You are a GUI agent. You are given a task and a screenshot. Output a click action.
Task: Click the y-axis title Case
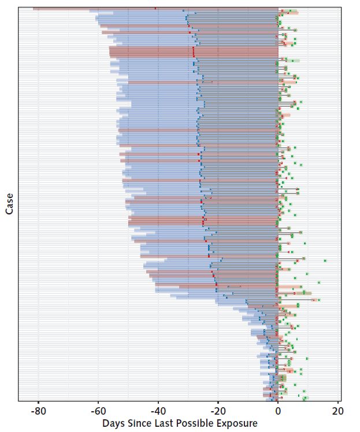click(9, 204)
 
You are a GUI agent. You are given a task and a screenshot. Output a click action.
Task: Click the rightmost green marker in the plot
click(325, 260)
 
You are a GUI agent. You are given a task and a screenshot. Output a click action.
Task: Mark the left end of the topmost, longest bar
click(34, 9)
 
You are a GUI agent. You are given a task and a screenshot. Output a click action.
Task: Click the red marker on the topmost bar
click(155, 9)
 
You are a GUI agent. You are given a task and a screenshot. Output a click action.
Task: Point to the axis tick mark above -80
click(38, 403)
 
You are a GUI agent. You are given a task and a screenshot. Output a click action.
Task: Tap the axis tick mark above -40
click(158, 403)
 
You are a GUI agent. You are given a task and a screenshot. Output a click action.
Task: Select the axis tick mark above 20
click(338, 403)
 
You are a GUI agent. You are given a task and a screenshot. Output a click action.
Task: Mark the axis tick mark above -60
click(98, 403)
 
